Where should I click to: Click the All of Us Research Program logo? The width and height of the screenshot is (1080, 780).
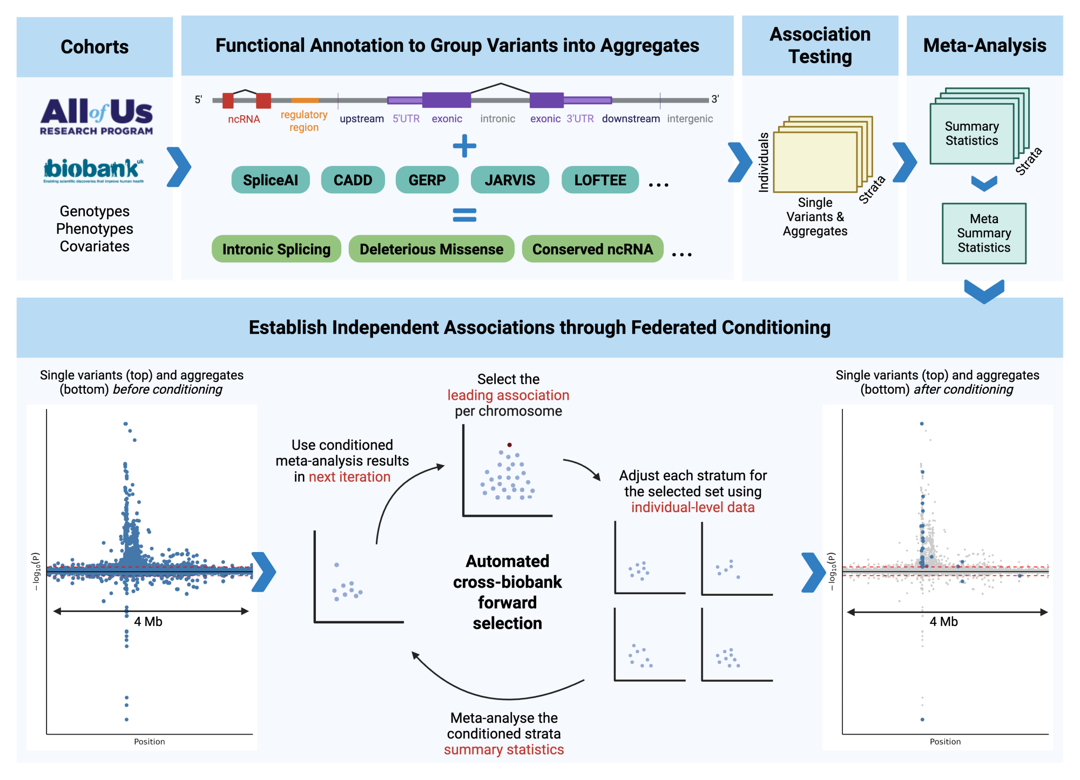click(96, 116)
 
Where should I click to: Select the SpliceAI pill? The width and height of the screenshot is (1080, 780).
click(271, 180)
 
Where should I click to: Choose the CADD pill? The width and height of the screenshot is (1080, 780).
click(353, 180)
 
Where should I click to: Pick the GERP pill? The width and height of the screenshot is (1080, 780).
click(427, 180)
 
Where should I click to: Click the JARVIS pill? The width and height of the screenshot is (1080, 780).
click(510, 180)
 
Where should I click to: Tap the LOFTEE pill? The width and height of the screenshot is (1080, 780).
click(600, 180)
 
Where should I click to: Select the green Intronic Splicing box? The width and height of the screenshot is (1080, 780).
click(276, 249)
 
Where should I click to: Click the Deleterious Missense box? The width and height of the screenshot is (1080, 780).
click(431, 249)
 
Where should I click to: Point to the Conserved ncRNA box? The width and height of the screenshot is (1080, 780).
click(592, 249)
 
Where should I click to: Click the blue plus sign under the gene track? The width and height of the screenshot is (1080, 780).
click(464, 146)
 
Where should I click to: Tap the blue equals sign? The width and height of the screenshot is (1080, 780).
click(464, 215)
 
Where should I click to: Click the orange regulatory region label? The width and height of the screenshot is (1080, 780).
click(304, 121)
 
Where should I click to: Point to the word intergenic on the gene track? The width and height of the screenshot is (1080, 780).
click(690, 119)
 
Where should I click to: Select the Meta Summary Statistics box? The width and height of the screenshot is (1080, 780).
click(984, 233)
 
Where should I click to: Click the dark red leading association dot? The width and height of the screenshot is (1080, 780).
click(509, 445)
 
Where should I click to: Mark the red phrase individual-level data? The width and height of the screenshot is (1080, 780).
click(693, 508)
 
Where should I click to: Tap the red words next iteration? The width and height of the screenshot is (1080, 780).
click(349, 477)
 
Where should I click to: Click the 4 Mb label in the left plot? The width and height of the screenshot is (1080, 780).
click(148, 622)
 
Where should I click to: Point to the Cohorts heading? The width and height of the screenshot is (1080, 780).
click(94, 47)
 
